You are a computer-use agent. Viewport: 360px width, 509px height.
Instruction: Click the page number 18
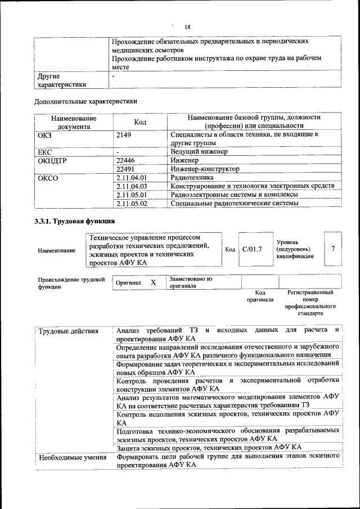[x=188, y=27]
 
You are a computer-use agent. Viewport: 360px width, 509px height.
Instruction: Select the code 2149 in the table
[x=124, y=135]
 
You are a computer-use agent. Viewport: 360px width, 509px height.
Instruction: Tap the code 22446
[x=125, y=160]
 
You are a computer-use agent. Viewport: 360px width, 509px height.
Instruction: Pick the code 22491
[x=125, y=169]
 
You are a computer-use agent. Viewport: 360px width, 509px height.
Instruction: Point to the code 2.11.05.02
[x=130, y=203]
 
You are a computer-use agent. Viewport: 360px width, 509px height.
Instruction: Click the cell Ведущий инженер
[x=199, y=152]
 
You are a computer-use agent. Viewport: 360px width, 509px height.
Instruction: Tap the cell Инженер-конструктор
[x=205, y=169]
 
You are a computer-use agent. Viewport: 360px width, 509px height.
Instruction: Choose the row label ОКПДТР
[x=53, y=160]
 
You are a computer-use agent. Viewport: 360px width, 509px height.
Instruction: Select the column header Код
[x=140, y=122]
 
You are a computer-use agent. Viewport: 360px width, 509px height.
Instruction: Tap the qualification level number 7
[x=334, y=249]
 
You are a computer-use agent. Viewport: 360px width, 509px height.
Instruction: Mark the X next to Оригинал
[x=153, y=283]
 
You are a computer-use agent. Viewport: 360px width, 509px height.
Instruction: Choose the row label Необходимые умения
[x=72, y=457]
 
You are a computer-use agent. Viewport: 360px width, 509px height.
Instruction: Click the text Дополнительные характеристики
[x=86, y=102]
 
